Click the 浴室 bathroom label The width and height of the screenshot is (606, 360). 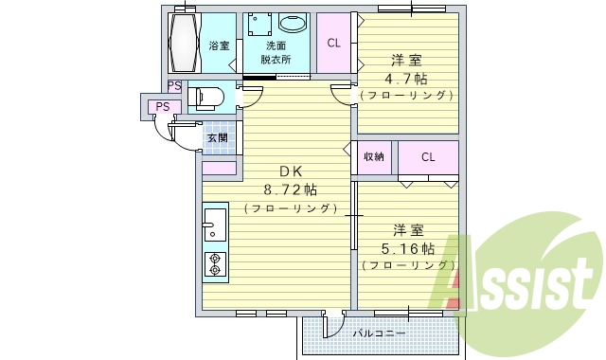coord(219,45)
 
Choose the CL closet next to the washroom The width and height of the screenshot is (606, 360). coord(334,43)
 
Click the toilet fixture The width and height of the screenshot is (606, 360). coord(206,98)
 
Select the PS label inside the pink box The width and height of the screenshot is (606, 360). coord(164,106)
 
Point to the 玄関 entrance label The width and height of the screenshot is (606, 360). coord(217,137)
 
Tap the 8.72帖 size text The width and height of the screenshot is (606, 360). coord(290,189)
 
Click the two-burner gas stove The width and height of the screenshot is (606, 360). coord(213,262)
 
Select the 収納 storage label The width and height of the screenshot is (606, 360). coord(374,156)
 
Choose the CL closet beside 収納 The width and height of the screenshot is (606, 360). coord(428,156)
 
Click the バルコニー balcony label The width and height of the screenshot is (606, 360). coord(380,333)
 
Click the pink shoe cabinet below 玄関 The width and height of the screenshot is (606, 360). coord(219,169)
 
